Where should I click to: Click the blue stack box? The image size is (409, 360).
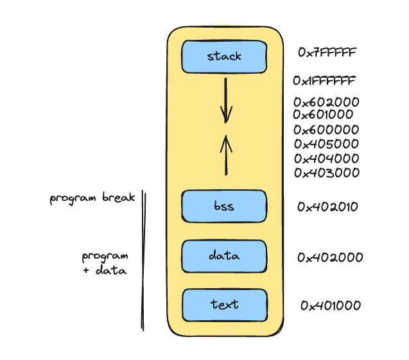224,56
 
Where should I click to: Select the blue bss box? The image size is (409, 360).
224,207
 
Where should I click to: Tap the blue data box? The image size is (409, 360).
224,256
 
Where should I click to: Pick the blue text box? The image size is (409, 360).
224,305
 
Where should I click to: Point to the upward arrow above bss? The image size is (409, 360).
225,154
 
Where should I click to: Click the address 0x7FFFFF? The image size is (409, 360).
327,52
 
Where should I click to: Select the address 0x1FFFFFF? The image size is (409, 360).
324,81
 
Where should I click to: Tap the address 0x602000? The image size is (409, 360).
326,101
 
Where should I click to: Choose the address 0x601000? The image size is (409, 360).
323,115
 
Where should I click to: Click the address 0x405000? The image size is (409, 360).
326,144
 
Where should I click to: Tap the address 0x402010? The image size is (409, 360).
327,207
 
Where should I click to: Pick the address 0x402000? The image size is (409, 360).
330,258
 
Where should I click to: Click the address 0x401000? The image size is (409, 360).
331,306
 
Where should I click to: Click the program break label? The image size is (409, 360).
92,198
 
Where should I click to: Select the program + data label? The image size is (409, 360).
105,263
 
